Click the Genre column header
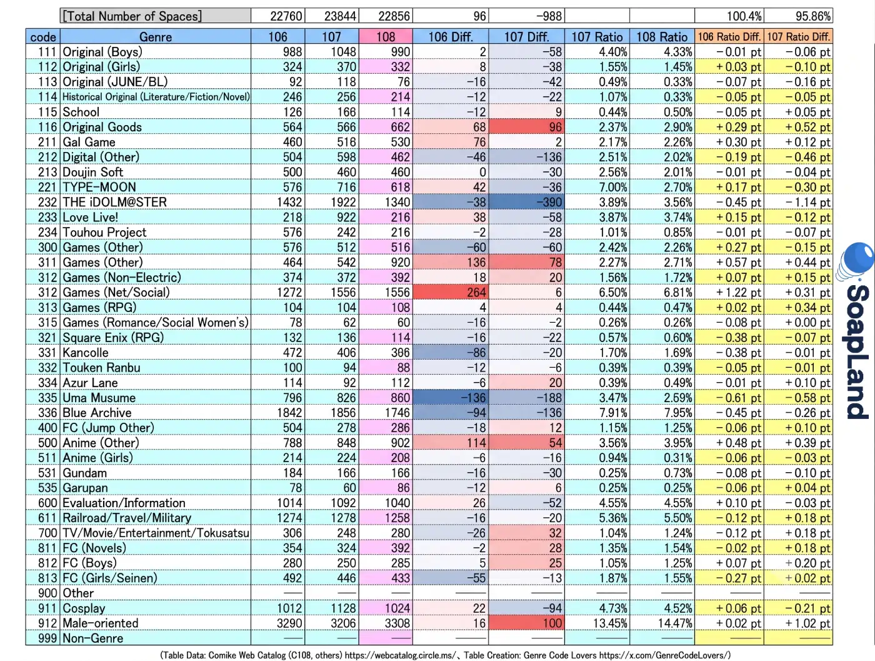pos(156,37)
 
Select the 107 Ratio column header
pos(597,37)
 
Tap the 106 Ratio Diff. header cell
pos(729,37)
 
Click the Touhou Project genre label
pos(104,233)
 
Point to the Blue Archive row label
pos(97,413)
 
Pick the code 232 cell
pos(47,202)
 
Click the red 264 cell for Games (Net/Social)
pos(451,292)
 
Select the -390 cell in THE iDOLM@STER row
pos(526,202)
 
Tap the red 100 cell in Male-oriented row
pos(526,623)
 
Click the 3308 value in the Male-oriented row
pos(397,623)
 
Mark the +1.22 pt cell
pos(738,292)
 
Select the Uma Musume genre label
pos(99,398)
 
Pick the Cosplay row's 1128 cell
pos(343,608)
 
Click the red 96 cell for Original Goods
pos(526,127)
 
